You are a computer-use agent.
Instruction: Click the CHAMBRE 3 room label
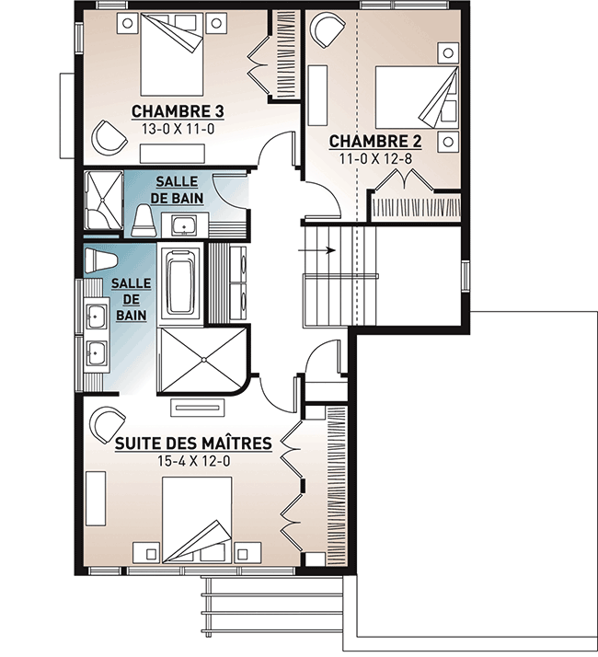click(178, 111)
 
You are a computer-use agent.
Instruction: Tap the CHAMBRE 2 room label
click(375, 141)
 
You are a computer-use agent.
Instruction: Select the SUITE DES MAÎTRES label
click(193, 444)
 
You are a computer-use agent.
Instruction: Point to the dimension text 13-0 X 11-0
click(178, 130)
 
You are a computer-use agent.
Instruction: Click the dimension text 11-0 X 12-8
click(375, 158)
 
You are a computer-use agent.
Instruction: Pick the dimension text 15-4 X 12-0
click(192, 461)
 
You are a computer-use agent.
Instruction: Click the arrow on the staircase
click(321, 249)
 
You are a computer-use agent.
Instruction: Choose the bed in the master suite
click(196, 520)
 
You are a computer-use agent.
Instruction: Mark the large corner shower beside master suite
click(201, 360)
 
